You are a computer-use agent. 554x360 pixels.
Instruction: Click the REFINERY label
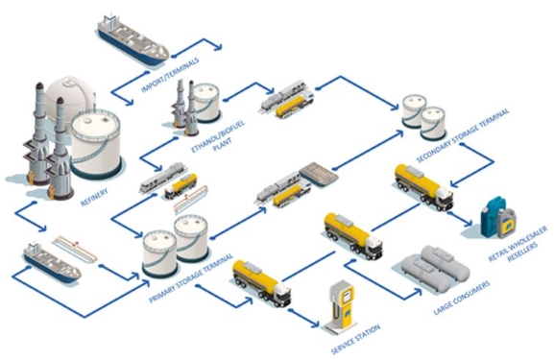(94, 198)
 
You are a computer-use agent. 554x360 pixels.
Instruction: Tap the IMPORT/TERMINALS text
(170, 75)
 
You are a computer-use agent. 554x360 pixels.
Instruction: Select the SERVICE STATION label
(355, 339)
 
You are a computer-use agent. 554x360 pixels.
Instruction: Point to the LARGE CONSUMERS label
(462, 298)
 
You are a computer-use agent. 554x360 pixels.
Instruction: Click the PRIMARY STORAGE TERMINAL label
(191, 278)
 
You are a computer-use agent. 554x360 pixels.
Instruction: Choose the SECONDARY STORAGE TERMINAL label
(463, 135)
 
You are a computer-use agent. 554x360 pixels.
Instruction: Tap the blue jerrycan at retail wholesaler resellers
(494, 215)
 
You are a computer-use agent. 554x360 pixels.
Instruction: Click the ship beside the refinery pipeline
(52, 261)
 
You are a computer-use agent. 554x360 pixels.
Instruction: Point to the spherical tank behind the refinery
(71, 97)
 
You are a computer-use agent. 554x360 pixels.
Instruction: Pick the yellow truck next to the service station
(261, 283)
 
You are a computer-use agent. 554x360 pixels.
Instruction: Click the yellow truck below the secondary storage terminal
(423, 186)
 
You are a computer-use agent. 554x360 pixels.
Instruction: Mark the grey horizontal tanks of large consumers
(436, 268)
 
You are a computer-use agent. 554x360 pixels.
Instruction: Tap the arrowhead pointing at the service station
(315, 324)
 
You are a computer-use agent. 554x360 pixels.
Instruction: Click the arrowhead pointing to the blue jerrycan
(469, 223)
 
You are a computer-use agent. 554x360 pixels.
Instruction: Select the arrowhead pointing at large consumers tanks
(418, 292)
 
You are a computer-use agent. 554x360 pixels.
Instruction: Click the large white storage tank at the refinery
(96, 144)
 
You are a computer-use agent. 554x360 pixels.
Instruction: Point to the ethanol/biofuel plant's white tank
(206, 102)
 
